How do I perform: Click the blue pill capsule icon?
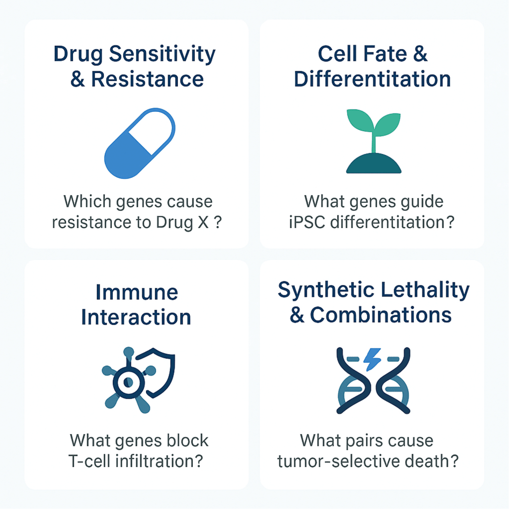[x=140, y=143]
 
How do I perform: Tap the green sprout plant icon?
[x=374, y=141]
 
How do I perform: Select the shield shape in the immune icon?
[x=159, y=372]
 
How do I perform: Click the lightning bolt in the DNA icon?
[x=372, y=359]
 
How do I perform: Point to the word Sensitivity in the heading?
[x=162, y=54]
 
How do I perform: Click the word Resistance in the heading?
[x=147, y=79]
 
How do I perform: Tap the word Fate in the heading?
[x=385, y=54]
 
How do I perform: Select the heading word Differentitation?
[x=372, y=79]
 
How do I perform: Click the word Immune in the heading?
[x=137, y=292]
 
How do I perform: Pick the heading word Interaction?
[x=136, y=317]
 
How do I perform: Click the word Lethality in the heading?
[x=425, y=290]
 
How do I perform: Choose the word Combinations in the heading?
[x=381, y=315]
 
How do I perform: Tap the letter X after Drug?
[x=203, y=222]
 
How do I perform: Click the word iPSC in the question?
[x=307, y=222]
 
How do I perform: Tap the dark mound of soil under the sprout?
[x=374, y=163]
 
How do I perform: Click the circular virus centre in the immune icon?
[x=129, y=382]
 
